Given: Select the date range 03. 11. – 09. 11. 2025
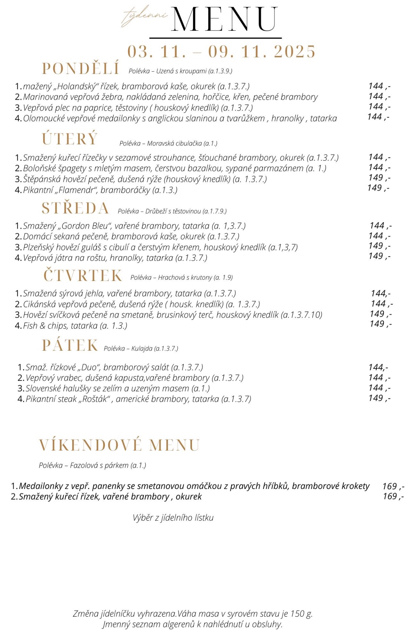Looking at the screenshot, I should (221, 52).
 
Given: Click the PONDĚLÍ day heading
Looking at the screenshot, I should (81, 68).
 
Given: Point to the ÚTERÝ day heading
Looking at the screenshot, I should (70, 139).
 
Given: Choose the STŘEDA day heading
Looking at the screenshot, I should (75, 208).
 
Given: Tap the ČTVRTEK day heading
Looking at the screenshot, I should (83, 276).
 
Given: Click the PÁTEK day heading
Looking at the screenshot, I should (70, 345).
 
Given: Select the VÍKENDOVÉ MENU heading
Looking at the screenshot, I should (119, 445).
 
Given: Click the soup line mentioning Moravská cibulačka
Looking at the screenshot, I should (168, 143).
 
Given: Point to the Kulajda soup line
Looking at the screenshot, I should (141, 348).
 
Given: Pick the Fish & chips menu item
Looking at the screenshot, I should (75, 326).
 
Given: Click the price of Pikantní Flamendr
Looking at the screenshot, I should (378, 188).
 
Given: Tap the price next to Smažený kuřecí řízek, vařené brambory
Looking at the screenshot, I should (393, 496).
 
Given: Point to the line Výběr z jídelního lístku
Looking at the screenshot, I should (173, 518).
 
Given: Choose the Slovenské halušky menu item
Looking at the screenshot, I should (118, 388).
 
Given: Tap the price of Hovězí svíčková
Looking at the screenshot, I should (381, 314).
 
